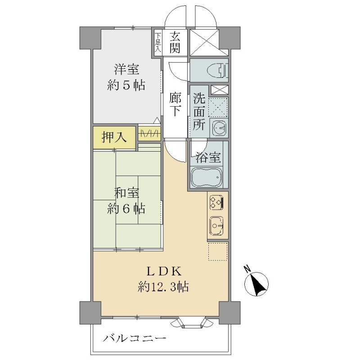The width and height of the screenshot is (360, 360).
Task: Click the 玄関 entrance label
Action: tap(175, 42)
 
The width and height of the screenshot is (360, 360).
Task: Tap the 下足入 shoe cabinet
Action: tap(158, 43)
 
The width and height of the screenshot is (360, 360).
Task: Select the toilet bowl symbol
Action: tap(218, 70)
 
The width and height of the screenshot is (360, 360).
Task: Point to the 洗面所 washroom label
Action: tap(199, 112)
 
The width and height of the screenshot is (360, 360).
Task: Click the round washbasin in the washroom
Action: tap(219, 127)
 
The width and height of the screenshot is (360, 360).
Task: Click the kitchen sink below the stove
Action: tap(217, 226)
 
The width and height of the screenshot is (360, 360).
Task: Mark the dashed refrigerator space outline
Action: tap(218, 252)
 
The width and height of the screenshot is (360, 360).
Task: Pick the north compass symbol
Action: tap(256, 283)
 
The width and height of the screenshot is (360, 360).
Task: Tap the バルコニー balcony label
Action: tap(134, 338)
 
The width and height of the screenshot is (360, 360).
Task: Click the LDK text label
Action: tap(164, 272)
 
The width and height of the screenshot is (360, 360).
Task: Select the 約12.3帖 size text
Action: tap(163, 287)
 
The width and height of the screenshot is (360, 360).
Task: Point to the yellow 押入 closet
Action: tap(114, 138)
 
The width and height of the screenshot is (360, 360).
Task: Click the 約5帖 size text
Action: tap(126, 85)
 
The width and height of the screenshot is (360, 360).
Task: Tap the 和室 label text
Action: tap(127, 193)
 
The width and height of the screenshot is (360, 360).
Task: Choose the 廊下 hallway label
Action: tap(175, 104)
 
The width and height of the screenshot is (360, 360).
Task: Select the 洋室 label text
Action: tap(127, 69)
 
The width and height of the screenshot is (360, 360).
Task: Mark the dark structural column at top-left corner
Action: tap(90, 38)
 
